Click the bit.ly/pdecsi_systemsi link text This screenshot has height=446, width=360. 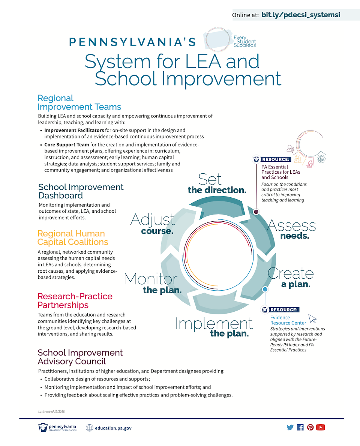301,15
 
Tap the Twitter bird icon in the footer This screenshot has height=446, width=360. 290,427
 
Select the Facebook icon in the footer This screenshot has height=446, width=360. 300,427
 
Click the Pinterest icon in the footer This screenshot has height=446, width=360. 310,427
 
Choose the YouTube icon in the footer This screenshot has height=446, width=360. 320,427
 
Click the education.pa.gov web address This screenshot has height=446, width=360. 113,428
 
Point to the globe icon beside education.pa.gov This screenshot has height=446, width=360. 89,428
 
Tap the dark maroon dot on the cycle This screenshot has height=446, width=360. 256,212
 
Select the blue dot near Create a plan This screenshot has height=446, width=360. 265,289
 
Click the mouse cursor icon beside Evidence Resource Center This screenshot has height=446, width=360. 313,319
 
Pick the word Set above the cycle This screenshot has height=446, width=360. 210,179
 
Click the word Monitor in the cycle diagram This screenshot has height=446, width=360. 151,279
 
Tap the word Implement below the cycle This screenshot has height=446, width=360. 214,324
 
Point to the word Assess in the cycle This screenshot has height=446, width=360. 291,225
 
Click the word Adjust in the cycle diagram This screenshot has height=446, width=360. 153,219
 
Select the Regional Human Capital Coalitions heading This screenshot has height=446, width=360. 73,238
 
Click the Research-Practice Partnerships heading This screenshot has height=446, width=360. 75,300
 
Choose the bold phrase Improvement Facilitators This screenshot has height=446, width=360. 74,130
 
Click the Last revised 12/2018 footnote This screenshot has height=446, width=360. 52,411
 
